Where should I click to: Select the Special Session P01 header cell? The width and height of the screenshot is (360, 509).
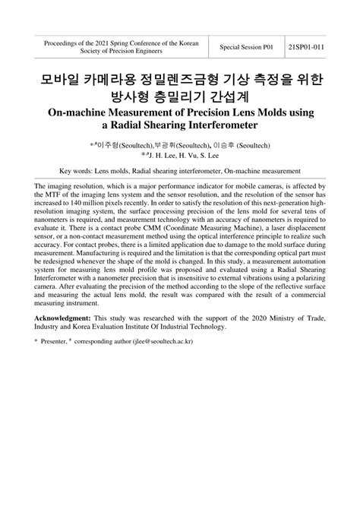point(246,47)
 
